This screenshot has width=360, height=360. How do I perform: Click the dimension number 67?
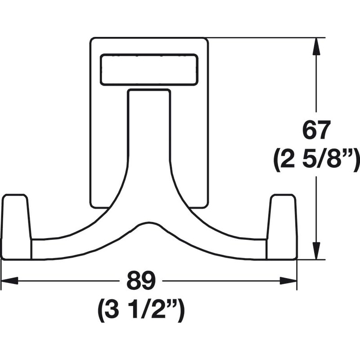[317, 130]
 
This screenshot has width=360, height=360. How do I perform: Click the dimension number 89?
[141, 280]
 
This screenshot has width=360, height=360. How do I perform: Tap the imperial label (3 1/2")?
[141, 310]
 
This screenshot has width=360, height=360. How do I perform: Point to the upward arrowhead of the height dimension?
[316, 46]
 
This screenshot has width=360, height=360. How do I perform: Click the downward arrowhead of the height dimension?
[316, 251]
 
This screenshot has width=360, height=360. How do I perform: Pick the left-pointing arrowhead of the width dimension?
[9, 280]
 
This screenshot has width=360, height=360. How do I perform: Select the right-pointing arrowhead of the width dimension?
[288, 280]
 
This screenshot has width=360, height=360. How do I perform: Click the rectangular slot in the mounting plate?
[149, 70]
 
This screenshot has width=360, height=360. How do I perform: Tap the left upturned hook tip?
[16, 227]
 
